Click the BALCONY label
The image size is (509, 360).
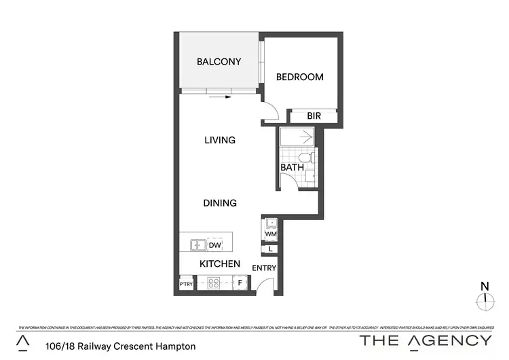tap(219, 62)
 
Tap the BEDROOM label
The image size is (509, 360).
tap(299, 77)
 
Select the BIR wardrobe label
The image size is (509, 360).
tap(314, 116)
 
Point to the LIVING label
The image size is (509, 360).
tap(220, 141)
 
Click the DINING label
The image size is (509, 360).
tap(220, 202)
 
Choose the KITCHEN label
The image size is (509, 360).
tap(219, 264)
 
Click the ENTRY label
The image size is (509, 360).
tap(264, 268)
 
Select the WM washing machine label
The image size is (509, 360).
tap(271, 234)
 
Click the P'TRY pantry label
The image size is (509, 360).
tap(186, 284)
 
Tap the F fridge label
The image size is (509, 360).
tap(240, 283)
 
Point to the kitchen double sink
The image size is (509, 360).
tap(198, 245)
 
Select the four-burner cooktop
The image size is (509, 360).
tap(214, 283)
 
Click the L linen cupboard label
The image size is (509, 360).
tap(271, 249)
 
